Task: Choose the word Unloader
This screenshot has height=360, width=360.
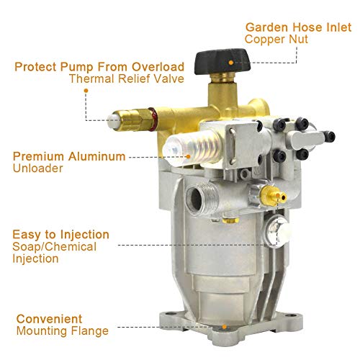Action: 35,168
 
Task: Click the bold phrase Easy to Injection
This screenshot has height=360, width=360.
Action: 60,234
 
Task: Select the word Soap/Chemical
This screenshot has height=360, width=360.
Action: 52,246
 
